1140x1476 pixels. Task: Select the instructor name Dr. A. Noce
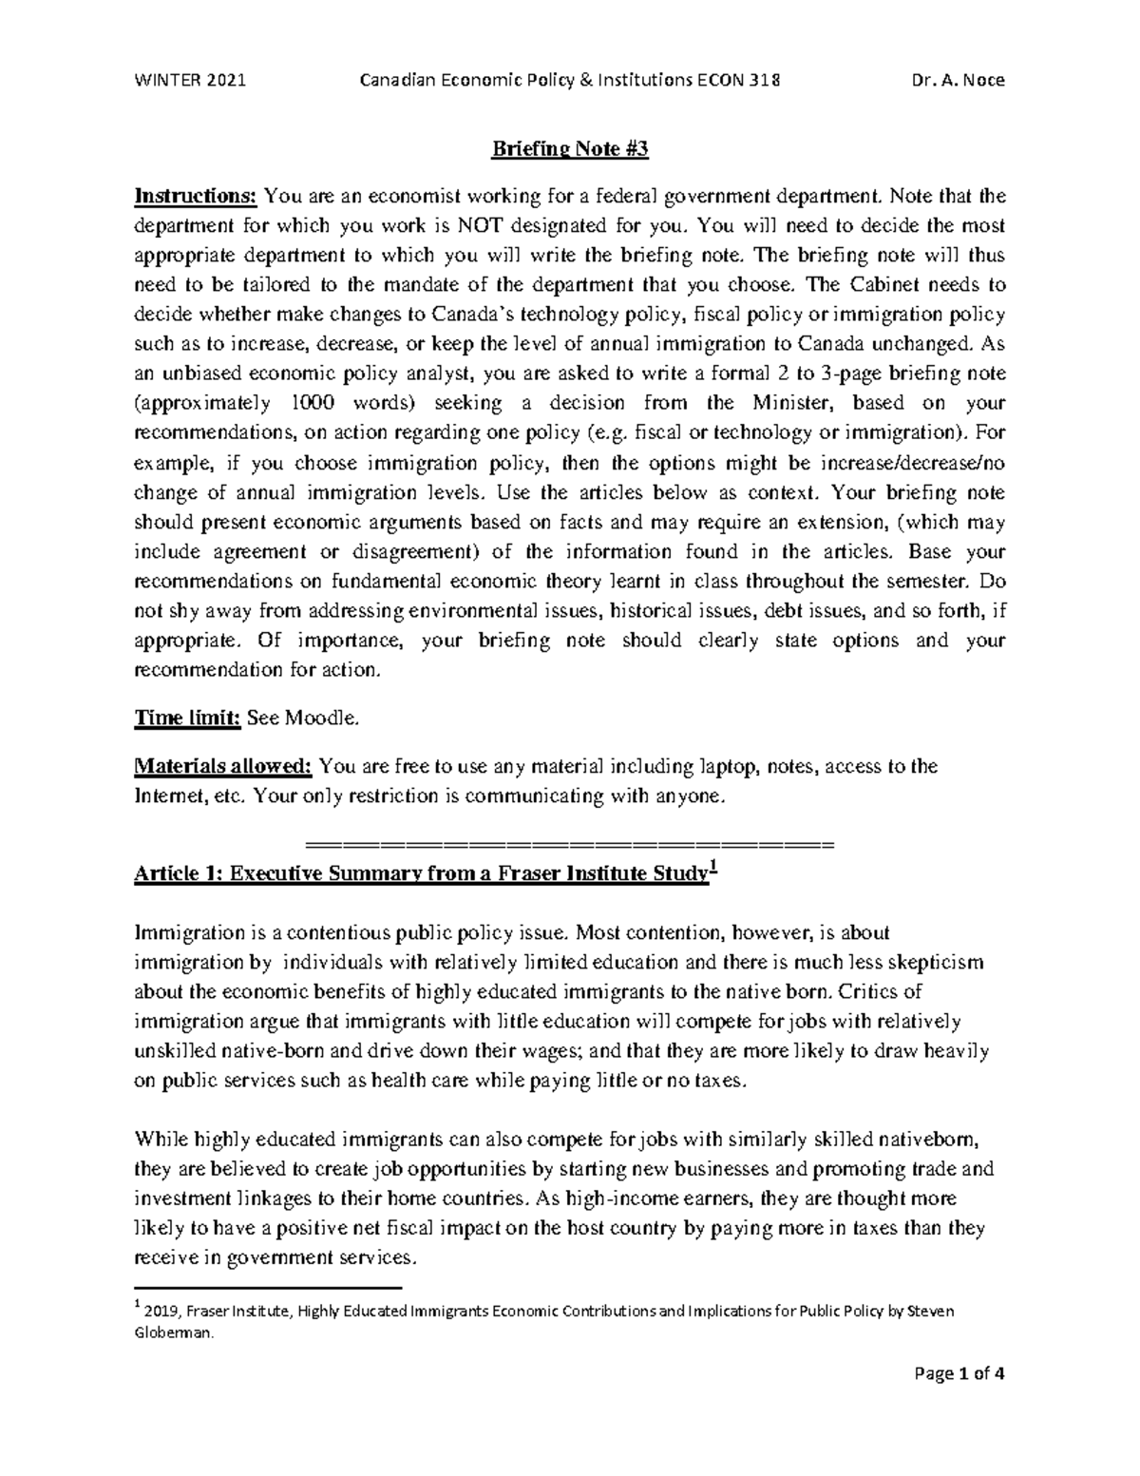click(959, 80)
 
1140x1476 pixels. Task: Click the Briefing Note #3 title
click(569, 149)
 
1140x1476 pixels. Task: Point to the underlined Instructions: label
click(196, 197)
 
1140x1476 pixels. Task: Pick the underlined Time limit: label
click(188, 719)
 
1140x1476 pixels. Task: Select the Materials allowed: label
click(223, 767)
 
